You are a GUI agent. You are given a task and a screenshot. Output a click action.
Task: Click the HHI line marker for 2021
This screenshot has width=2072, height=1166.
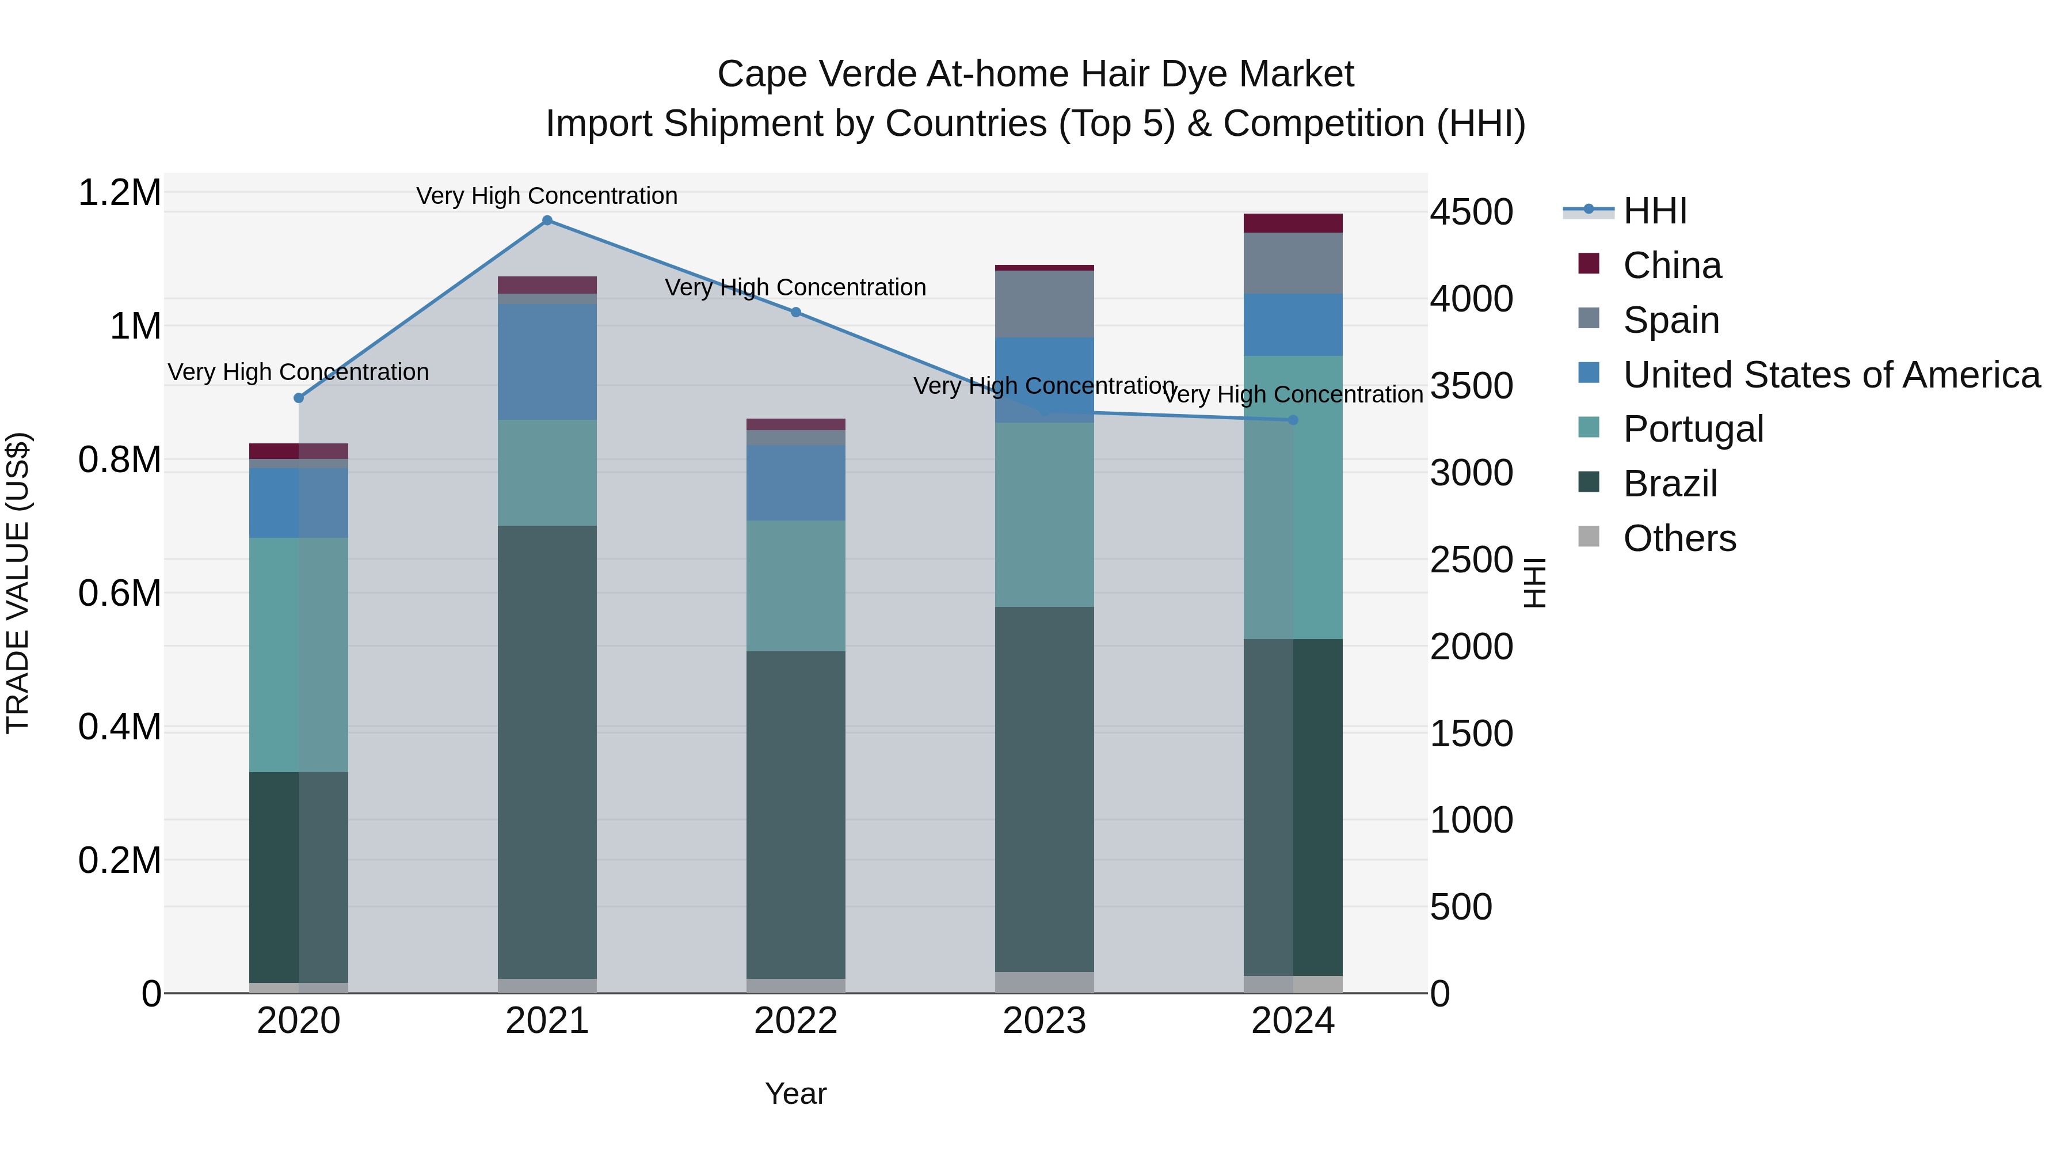pos(547,221)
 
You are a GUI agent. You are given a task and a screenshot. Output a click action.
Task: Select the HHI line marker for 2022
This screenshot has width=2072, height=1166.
pos(795,312)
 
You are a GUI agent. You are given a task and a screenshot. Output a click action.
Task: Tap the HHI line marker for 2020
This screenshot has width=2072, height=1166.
pos(298,397)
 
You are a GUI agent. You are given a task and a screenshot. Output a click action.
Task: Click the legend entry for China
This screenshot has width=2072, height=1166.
pos(1671,265)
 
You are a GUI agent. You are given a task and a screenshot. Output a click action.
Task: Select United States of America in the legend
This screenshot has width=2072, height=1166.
pos(1831,375)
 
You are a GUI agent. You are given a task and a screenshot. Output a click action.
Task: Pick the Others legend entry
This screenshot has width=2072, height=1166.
pos(1679,538)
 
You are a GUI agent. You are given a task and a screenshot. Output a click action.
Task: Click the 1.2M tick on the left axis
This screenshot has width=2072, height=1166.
pos(119,193)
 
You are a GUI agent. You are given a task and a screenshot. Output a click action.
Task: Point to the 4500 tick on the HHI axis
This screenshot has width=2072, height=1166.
pos(1471,212)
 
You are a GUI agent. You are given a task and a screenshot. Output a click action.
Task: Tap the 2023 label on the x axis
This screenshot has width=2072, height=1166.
pos(1044,1021)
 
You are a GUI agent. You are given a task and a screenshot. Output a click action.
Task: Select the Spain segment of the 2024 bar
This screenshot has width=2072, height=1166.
pos(1293,263)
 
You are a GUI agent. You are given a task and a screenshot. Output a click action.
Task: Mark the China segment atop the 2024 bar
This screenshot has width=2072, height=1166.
pos(1293,223)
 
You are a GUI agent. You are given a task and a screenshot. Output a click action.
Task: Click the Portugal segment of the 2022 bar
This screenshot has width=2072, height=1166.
pos(795,586)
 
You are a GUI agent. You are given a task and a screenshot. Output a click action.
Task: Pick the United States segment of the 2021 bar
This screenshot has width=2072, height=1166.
pos(547,361)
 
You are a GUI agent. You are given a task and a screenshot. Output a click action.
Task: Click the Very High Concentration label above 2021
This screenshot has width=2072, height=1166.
pos(547,196)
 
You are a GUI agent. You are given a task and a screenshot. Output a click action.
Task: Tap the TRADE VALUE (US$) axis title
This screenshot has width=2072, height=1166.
pos(18,583)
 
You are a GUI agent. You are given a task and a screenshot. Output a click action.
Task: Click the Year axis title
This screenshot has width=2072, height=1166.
pos(795,1093)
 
